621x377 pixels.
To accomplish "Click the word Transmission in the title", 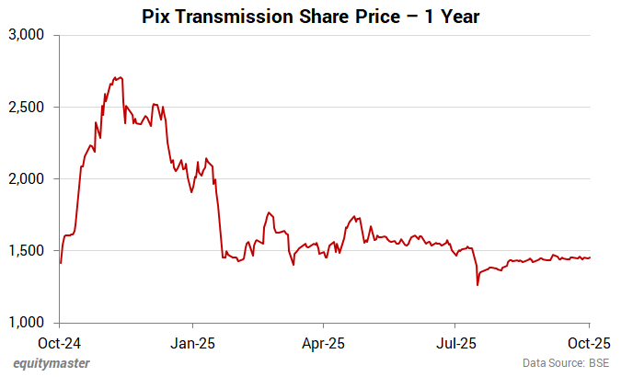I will pos(229,17).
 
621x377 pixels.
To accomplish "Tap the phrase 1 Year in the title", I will pos(448,17).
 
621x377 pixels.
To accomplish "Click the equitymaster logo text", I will pos(52,363).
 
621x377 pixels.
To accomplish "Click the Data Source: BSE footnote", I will pos(566,363).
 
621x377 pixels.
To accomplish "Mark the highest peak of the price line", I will pos(117,77).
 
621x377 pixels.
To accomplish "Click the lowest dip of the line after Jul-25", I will pos(477,285).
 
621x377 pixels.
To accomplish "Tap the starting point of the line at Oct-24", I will pos(60,263).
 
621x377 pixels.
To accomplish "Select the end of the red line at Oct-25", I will pos(590,257).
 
